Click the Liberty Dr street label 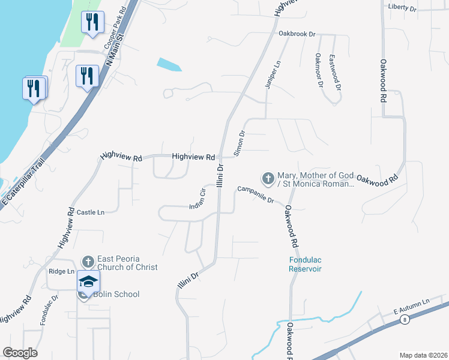point(402,7)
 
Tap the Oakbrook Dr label point(297,34)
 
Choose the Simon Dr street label point(240,143)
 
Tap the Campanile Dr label point(255,193)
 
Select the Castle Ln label point(91,212)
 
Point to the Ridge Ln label point(61,271)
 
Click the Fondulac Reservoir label point(303,265)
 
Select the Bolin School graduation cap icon point(88,281)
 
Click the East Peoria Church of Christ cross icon point(88,262)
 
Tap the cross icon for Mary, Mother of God point(268,178)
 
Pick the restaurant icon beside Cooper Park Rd point(92,23)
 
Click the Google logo point(20,353)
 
